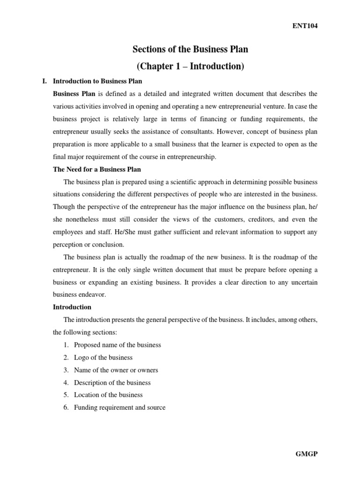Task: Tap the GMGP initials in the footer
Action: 307,454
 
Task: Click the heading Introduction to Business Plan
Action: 97,81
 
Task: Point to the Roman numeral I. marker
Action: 45,81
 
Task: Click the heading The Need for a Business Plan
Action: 97,169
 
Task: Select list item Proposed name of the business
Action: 117,345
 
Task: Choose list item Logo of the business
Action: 103,357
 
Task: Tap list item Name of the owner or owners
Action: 116,370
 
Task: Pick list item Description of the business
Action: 112,382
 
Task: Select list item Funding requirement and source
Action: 120,407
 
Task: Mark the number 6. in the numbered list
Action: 66,407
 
